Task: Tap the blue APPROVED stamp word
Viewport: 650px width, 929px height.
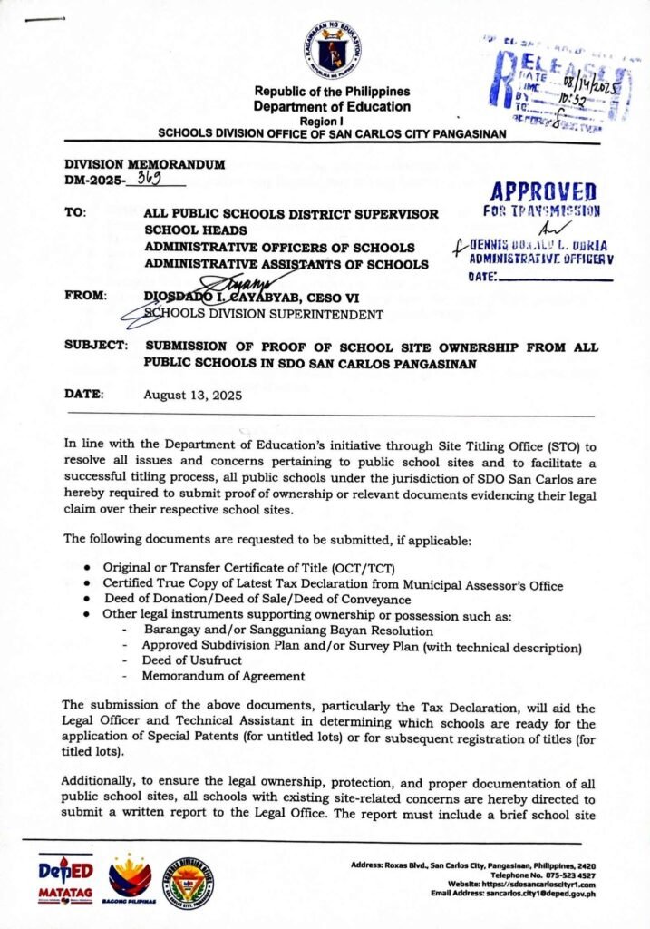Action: pyautogui.click(x=540, y=192)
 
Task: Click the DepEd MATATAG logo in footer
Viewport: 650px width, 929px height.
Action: pyautogui.click(x=65, y=879)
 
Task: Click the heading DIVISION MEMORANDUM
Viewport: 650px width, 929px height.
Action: pyautogui.click(x=145, y=163)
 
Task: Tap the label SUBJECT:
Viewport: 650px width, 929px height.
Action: pyautogui.click(x=95, y=347)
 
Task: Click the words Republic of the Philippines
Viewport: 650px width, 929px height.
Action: pyautogui.click(x=332, y=92)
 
